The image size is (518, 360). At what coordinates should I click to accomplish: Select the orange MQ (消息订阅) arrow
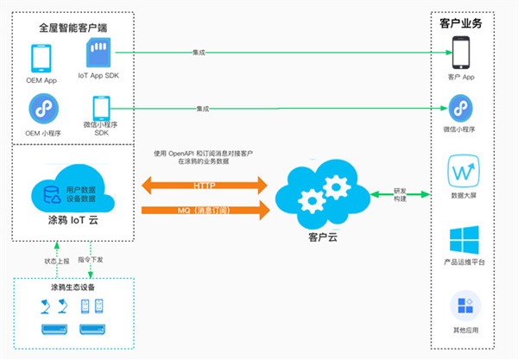coord(204,209)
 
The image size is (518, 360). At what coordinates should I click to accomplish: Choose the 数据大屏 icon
coord(462,171)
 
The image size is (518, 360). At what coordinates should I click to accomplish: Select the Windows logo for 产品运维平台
coord(462,238)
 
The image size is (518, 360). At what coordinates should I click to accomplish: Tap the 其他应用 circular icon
coord(462,306)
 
